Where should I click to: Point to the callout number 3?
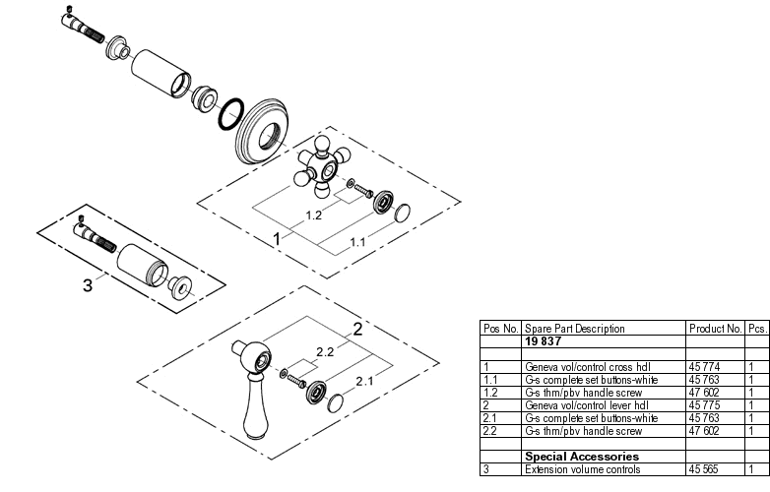coord(88,285)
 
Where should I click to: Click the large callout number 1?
coord(278,238)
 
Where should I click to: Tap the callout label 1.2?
coord(314,214)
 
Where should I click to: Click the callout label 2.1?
coord(362,381)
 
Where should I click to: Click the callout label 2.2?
coord(326,350)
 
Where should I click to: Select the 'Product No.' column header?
coord(715,329)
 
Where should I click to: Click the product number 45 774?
coord(705,366)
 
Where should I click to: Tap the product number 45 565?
coord(705,469)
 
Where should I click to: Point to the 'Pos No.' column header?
coord(499,329)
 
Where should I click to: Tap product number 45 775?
coord(705,404)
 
